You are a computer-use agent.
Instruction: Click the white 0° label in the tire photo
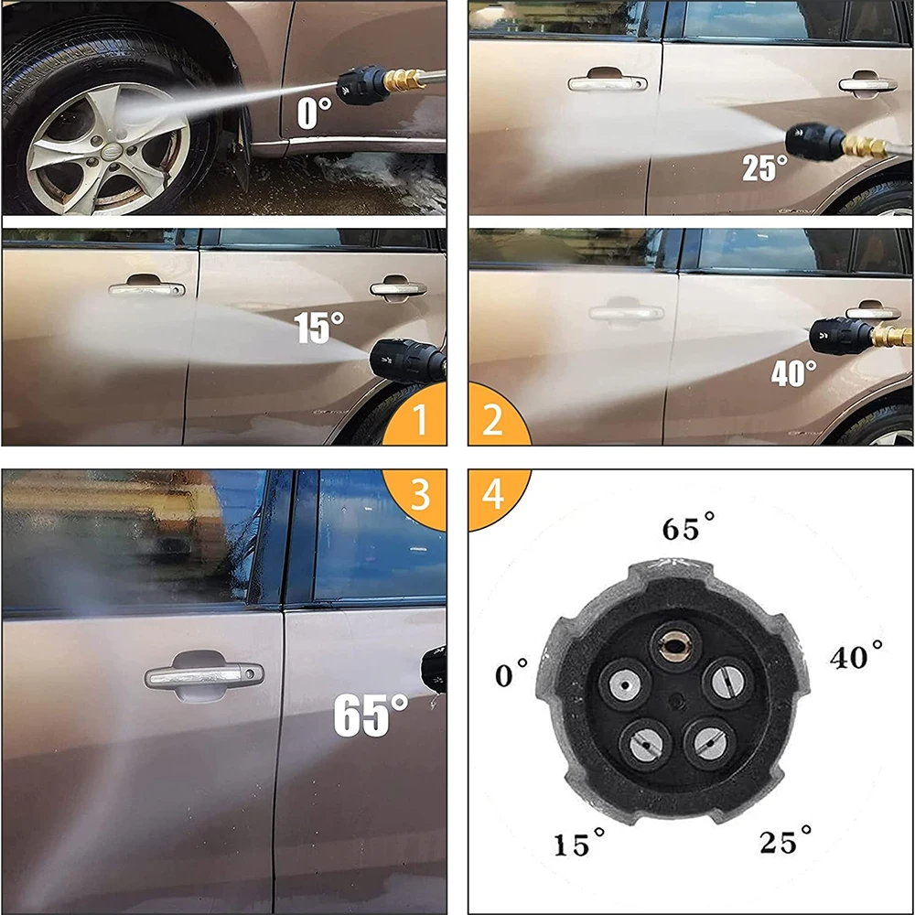pyautogui.click(x=313, y=114)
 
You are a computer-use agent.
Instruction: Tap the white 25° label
pyautogui.click(x=764, y=167)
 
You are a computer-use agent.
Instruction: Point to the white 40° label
pyautogui.click(x=793, y=373)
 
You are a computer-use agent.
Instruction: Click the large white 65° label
pyautogui.click(x=371, y=716)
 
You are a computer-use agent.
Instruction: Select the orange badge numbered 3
pyautogui.click(x=420, y=494)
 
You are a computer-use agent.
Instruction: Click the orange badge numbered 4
pyautogui.click(x=492, y=494)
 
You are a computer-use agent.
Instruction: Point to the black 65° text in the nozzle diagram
pyautogui.click(x=688, y=528)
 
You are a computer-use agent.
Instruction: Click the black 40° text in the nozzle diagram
pyautogui.click(x=856, y=656)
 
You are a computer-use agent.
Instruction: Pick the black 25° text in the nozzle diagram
pyautogui.click(x=785, y=840)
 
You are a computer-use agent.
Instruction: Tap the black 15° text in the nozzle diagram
pyautogui.click(x=578, y=844)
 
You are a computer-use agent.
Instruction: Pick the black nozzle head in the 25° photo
pyautogui.click(x=814, y=141)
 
